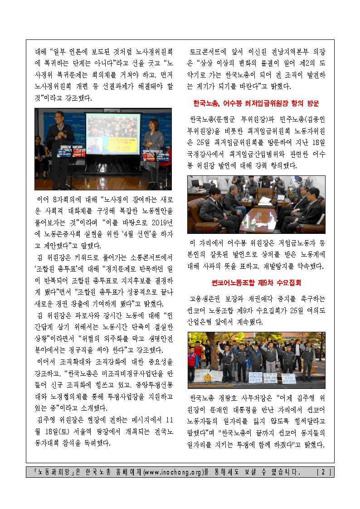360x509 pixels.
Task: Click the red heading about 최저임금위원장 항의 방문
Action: [x=256, y=103]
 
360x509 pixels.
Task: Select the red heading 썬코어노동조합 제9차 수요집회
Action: [x=256, y=283]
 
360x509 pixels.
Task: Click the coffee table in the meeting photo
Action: [x=256, y=217]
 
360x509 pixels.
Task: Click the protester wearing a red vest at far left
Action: [x=197, y=358]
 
